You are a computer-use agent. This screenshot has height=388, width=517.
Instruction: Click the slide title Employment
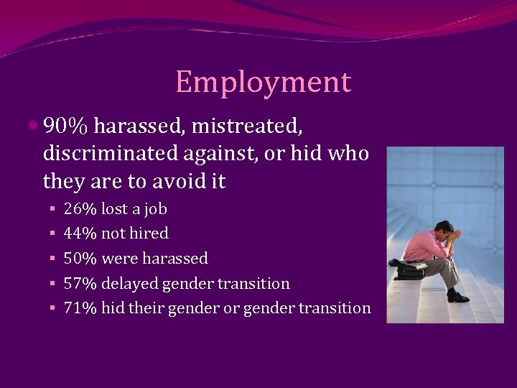point(263,82)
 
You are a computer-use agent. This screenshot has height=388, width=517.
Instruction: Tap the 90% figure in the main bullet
point(65,126)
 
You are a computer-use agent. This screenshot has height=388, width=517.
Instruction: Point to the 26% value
point(80,209)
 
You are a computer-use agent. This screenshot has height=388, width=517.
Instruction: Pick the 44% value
point(80,234)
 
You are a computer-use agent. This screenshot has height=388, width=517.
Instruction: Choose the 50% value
point(80,258)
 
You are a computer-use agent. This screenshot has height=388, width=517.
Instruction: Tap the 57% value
point(80,283)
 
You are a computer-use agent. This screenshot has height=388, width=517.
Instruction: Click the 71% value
point(80,308)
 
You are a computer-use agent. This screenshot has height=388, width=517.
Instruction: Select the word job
point(155,209)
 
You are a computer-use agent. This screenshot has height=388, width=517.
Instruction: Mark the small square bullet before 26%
point(52,210)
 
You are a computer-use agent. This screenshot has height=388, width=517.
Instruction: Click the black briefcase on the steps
point(409,272)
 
